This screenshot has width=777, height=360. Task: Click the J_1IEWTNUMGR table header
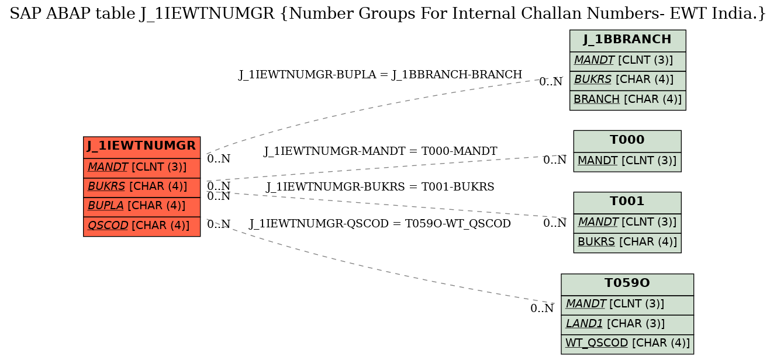(141, 147)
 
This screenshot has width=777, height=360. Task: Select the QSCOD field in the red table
(141, 227)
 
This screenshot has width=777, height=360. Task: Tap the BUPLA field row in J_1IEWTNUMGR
(141, 207)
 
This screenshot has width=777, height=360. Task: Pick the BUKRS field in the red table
(141, 188)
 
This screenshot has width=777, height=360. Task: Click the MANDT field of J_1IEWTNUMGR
(141, 168)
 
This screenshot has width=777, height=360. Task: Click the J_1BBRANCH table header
(627, 41)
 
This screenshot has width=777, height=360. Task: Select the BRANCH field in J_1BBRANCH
(627, 101)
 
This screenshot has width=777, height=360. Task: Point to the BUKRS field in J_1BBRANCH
(627, 81)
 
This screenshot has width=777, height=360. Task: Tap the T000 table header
(627, 141)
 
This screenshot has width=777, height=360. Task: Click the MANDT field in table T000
(627, 162)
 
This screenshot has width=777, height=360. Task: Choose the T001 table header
(627, 203)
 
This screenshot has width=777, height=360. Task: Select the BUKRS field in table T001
(627, 243)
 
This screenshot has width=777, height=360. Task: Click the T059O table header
(627, 285)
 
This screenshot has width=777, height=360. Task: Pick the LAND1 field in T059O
(627, 324)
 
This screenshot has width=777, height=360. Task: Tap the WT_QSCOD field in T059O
(627, 344)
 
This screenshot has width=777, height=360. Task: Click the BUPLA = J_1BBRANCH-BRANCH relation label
(380, 75)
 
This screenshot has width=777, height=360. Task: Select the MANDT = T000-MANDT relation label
(380, 151)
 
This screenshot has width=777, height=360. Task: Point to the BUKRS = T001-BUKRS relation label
(380, 187)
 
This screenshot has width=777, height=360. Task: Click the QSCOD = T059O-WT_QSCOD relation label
(380, 224)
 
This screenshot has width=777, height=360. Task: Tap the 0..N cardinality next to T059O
(542, 309)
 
